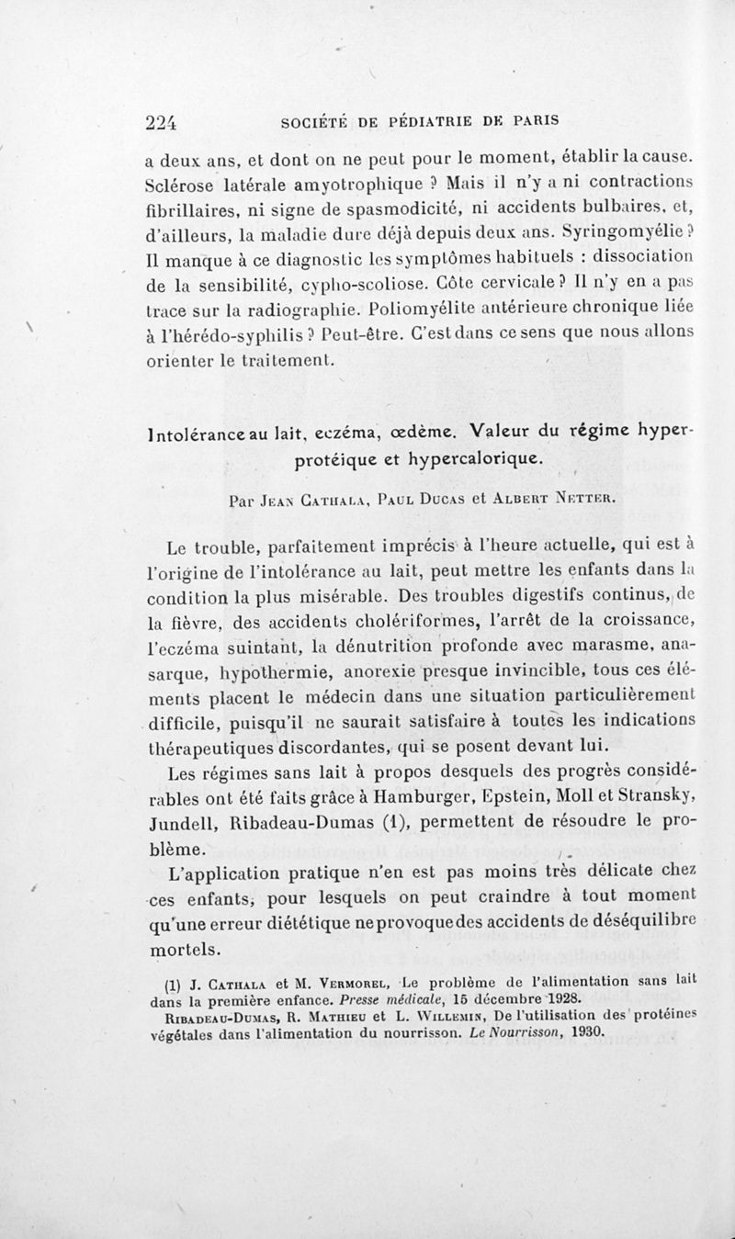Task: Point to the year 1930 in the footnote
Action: pos(585,1031)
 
